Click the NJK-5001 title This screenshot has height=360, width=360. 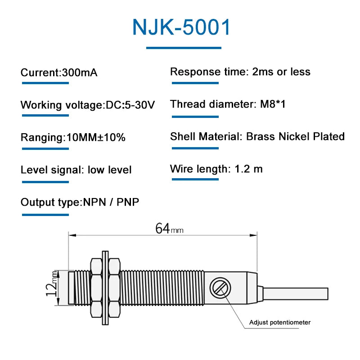tap(181, 27)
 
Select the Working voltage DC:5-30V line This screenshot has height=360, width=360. tap(88, 105)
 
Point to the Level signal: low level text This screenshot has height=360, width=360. tap(76, 170)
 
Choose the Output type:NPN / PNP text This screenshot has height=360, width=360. tap(80, 202)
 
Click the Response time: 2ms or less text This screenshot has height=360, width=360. tap(240, 72)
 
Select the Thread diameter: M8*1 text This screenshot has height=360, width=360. tap(228, 104)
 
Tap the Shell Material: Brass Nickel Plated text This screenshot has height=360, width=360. tap(257, 137)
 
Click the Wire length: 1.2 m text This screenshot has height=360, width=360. tap(216, 169)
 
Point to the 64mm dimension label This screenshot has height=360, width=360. tap(169, 229)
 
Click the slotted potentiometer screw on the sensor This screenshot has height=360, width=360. tap(220, 288)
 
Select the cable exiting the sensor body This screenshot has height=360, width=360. tap(297, 293)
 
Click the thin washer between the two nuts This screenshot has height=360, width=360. tap(105, 288)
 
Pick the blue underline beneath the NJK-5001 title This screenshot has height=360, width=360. tap(184, 48)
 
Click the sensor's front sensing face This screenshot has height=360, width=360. tap(71, 288)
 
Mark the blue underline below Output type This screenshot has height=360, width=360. tap(45, 215)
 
